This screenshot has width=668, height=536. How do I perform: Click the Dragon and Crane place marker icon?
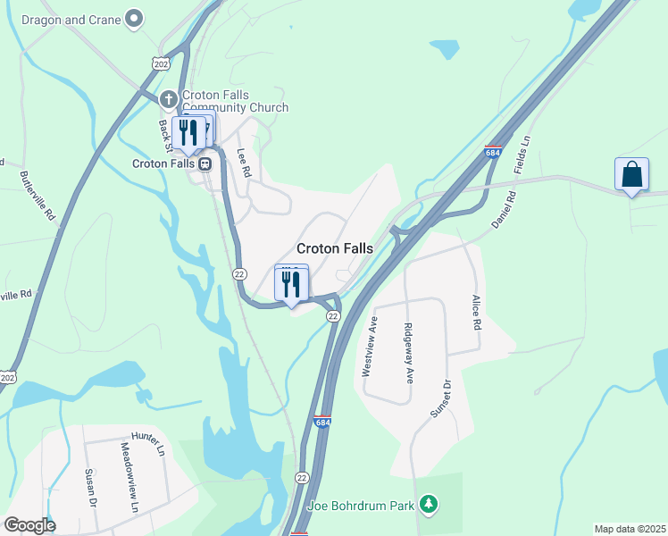[135, 18]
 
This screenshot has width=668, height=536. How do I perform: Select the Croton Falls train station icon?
[205, 163]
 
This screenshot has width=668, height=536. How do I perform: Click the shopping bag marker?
[631, 174]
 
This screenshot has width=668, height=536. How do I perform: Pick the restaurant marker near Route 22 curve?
[291, 284]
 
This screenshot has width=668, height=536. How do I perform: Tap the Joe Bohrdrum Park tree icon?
[430, 506]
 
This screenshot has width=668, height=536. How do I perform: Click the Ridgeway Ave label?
[410, 353]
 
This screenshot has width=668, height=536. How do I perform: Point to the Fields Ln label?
[523, 155]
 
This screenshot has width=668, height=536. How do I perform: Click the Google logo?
[29, 525]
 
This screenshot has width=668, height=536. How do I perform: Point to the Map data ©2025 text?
[630, 529]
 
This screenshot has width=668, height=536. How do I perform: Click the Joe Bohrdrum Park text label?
[361, 506]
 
